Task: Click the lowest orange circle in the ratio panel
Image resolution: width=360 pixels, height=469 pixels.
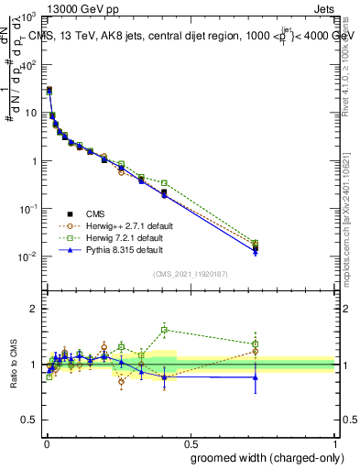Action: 121,382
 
